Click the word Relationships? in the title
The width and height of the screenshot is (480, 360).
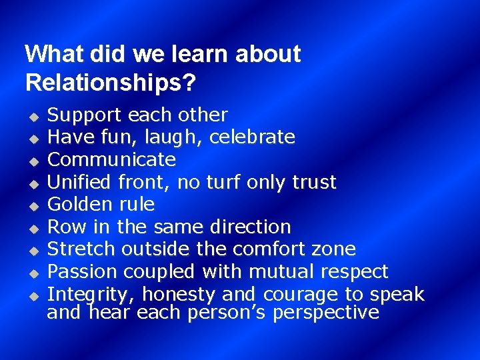click(x=110, y=83)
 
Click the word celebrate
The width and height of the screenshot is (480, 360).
click(x=252, y=137)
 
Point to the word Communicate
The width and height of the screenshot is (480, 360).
click(x=112, y=160)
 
